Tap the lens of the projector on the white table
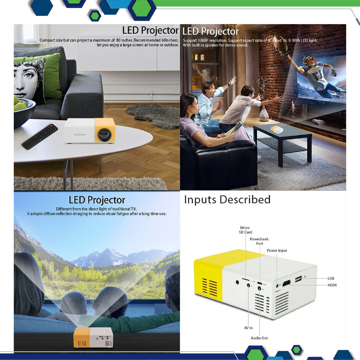pyautogui.click(x=105, y=135)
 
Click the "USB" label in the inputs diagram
pyautogui.click(x=330, y=278)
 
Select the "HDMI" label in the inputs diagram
pyautogui.click(x=332, y=285)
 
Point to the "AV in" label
pyautogui.click(x=248, y=328)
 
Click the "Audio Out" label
pyautogui.click(x=259, y=338)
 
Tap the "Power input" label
pyautogui.click(x=277, y=250)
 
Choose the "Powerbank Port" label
pyautogui.click(x=259, y=241)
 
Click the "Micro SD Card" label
pyautogui.click(x=245, y=230)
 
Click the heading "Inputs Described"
pyautogui.click(x=227, y=200)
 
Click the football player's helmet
pyautogui.click(x=309, y=61)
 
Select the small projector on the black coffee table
pyautogui.click(x=277, y=129)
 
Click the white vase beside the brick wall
pyautogui.click(x=264, y=114)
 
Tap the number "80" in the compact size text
pyautogui.click(x=118, y=40)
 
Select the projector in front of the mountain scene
pyautogui.click(x=93, y=337)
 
